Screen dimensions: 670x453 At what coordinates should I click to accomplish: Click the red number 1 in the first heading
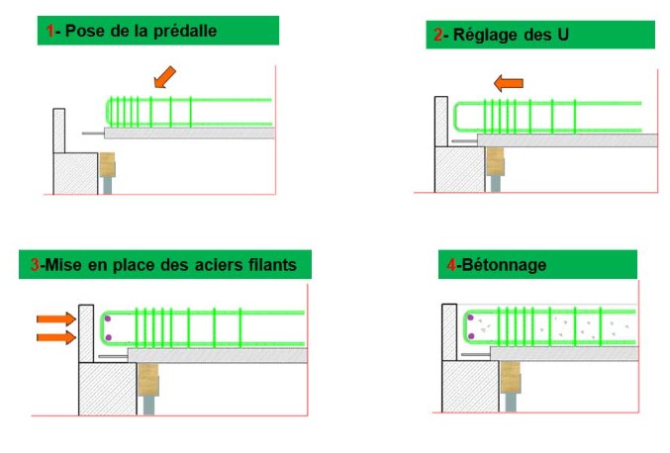50,31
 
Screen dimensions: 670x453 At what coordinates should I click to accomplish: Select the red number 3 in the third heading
35,265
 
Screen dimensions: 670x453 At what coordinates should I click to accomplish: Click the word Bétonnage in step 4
504,265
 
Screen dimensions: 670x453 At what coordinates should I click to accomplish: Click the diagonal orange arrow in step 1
164,77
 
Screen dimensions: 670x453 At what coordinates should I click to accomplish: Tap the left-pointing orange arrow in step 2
509,83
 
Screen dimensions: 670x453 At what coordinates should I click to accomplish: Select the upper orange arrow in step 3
56,318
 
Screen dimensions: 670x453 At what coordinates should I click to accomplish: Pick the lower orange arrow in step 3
56,337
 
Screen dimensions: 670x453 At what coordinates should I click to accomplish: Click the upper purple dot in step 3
108,318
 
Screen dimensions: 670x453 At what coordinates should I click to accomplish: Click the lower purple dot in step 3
108,337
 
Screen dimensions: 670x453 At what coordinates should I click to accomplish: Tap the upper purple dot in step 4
470,317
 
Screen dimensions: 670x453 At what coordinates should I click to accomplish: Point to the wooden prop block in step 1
107,165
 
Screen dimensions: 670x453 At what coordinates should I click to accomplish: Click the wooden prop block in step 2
495,161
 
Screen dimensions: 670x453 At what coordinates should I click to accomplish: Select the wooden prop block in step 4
511,378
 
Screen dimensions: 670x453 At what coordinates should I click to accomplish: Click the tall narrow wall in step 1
59,131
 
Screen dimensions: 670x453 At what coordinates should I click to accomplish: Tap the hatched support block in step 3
108,389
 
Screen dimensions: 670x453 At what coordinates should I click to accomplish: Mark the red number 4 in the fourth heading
451,265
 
